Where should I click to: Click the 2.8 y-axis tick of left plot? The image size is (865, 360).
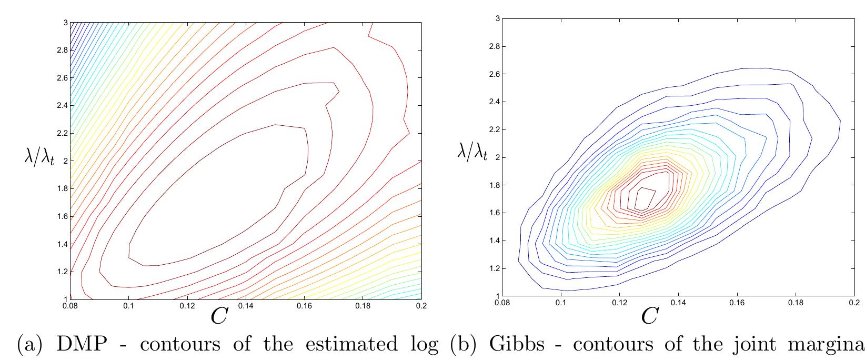point(62,51)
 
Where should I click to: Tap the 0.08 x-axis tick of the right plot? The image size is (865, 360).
point(502,303)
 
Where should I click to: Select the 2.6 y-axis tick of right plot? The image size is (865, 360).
point(494,74)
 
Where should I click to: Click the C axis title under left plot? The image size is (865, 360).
point(217,316)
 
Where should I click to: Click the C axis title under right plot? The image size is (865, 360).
point(649,316)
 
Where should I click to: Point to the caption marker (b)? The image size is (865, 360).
point(465,345)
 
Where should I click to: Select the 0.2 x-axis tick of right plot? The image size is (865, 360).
point(853,303)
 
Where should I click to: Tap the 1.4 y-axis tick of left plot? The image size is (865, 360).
point(62,244)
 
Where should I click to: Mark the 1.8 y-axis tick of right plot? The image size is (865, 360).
point(494,185)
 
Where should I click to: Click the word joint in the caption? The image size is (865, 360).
point(753,345)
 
